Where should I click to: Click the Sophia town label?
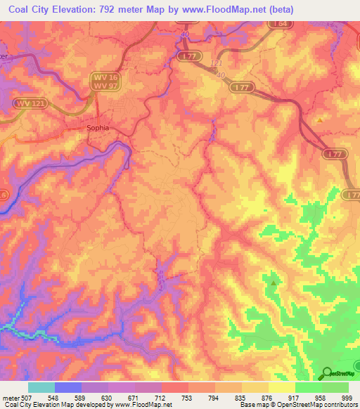(x=98, y=129)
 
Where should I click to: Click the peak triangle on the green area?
(x=274, y=283)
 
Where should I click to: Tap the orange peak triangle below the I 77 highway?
(x=321, y=120)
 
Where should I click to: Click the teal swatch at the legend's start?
(x=41, y=387)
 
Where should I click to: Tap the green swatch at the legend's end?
(x=335, y=387)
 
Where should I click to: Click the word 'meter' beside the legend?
(x=10, y=398)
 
